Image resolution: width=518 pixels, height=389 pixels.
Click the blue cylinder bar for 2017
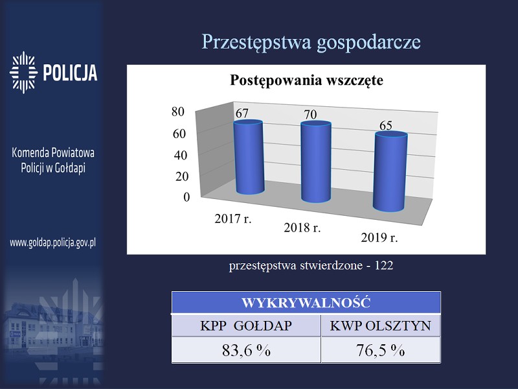coord(249,157)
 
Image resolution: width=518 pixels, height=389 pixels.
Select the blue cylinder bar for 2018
coord(316,161)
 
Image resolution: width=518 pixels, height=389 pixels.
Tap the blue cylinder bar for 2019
coord(390,171)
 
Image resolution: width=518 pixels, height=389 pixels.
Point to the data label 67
coord(242,113)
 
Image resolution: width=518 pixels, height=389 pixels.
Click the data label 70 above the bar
coord(311,115)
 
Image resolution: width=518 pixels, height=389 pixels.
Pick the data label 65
coord(385,125)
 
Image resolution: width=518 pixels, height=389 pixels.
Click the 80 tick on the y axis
coord(178,112)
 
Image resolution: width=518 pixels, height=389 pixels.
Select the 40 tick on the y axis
coord(181,155)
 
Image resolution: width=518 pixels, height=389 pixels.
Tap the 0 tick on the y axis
coord(186,197)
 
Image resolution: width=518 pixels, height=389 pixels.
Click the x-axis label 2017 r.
coord(233,218)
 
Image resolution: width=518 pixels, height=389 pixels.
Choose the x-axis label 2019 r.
coord(379,237)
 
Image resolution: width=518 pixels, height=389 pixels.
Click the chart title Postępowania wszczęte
coord(306,80)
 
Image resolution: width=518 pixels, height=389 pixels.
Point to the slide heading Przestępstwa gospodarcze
coord(311,42)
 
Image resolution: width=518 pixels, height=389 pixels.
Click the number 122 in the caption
coord(384,265)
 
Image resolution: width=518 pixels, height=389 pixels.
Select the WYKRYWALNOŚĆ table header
coord(306,303)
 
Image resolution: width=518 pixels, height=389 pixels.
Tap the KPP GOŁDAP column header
coord(246,326)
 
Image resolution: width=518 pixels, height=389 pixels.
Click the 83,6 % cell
coord(246,350)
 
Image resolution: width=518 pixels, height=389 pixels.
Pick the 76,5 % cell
coord(381,350)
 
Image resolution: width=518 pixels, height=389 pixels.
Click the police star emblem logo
coord(23,73)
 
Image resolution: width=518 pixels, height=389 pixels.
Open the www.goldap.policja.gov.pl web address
coord(53,243)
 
